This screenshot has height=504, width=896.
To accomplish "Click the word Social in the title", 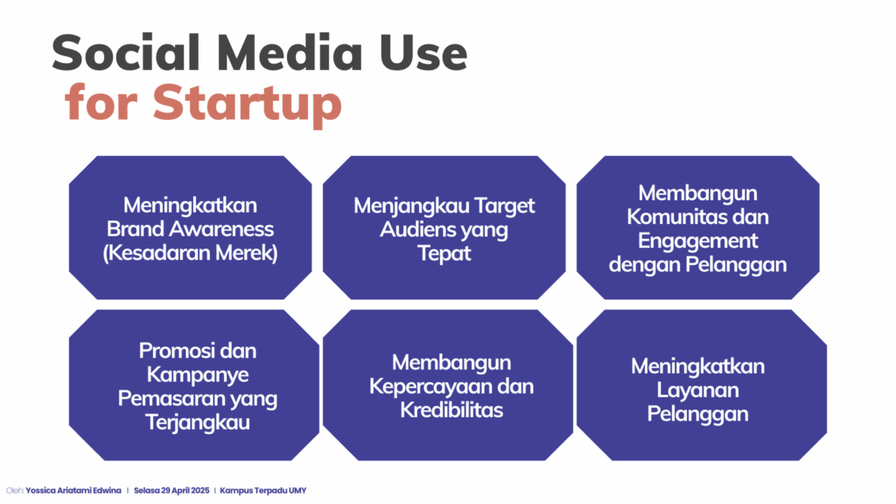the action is point(126,53).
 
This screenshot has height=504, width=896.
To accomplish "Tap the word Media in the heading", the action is point(290,53).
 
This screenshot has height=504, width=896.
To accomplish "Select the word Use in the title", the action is point(423,53).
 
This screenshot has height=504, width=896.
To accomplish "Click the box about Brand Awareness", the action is point(190,227).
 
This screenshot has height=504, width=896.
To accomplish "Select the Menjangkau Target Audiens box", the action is point(444,227).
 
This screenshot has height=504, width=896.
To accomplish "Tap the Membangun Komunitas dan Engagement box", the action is point(697,227).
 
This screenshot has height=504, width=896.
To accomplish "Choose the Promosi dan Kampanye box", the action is point(194,385).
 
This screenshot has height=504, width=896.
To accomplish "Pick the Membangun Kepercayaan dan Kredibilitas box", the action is point(448,385).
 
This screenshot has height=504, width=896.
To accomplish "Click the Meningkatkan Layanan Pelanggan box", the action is point(702,385).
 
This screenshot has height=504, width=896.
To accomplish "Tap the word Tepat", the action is point(444,253).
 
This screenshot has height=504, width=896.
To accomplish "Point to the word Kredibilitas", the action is point(451,409).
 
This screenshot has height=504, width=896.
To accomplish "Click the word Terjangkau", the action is point(198,423).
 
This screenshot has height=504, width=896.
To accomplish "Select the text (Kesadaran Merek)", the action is point(190,253).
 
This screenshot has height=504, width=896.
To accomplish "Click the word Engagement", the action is point(697,241).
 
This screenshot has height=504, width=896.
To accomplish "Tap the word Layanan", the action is point(697,390).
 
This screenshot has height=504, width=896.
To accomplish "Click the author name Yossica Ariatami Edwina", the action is point(73,490).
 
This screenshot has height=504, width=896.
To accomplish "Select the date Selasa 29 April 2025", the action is point(171,490).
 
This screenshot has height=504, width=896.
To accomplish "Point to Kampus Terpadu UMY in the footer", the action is point(262,490).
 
